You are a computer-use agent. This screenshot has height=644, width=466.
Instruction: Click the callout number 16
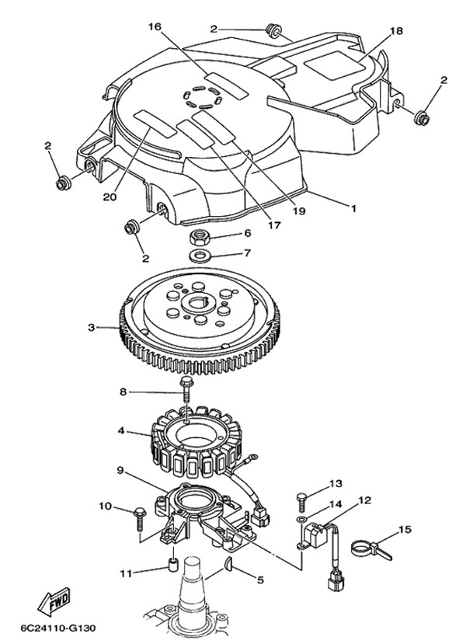pos(154,26)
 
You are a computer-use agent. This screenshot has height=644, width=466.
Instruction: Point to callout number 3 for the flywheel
pos(90,328)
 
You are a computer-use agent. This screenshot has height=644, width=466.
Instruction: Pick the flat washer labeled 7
pos(200,254)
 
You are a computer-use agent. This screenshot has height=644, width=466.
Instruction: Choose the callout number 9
pos(121,469)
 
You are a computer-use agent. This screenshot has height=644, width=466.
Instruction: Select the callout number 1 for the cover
pos(353,208)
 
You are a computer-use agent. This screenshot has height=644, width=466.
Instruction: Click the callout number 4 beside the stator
pos(121,429)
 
